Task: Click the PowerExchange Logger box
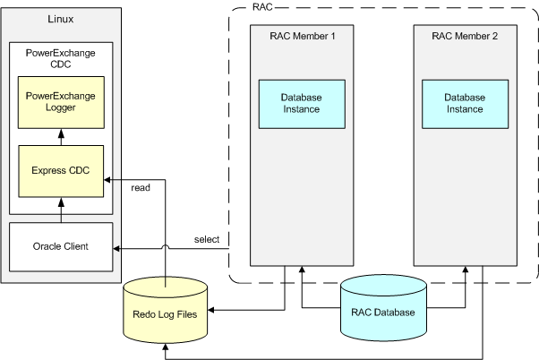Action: pos(61,101)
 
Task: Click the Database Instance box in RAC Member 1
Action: pos(301,102)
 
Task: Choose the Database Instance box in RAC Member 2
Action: pos(464,102)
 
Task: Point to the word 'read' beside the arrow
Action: pos(141,187)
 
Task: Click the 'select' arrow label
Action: pos(208,239)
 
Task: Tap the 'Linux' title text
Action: pos(61,20)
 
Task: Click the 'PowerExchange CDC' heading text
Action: pos(61,57)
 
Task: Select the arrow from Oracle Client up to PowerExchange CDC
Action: pos(61,217)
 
